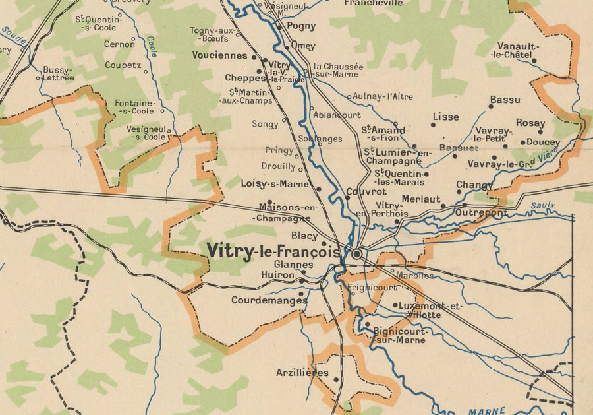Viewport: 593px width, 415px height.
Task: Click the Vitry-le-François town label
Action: click(x=273, y=251)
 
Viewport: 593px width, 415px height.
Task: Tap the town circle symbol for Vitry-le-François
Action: click(x=357, y=253)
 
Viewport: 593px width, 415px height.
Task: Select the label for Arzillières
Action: click(x=302, y=373)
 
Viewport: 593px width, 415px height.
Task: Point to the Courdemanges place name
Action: click(x=269, y=300)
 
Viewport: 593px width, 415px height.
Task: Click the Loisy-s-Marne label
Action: click(x=275, y=184)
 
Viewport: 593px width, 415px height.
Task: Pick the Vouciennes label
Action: click(x=220, y=56)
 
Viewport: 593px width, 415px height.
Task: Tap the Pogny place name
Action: click(x=301, y=27)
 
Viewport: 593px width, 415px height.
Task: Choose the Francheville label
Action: click(x=374, y=3)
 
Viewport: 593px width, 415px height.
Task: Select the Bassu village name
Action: click(x=505, y=100)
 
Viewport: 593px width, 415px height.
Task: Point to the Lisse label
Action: click(x=445, y=117)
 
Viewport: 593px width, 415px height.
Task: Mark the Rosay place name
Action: click(x=530, y=123)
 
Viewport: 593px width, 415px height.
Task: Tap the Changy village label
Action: click(x=474, y=185)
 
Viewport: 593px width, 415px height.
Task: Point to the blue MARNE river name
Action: click(x=486, y=411)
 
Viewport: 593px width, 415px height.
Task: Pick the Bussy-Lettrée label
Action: click(x=58, y=73)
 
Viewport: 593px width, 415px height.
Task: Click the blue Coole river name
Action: click(x=152, y=46)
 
